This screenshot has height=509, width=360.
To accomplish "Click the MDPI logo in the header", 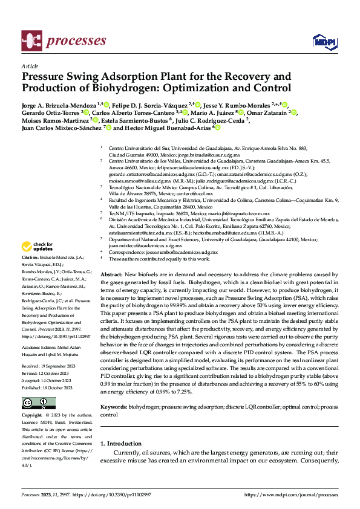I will (x=322, y=41).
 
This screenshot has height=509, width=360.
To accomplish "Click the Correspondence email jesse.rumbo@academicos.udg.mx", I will (x=178, y=252).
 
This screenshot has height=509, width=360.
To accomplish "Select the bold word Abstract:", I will (x=112, y=274).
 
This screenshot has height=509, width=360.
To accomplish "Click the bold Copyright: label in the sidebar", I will (x=32, y=417).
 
